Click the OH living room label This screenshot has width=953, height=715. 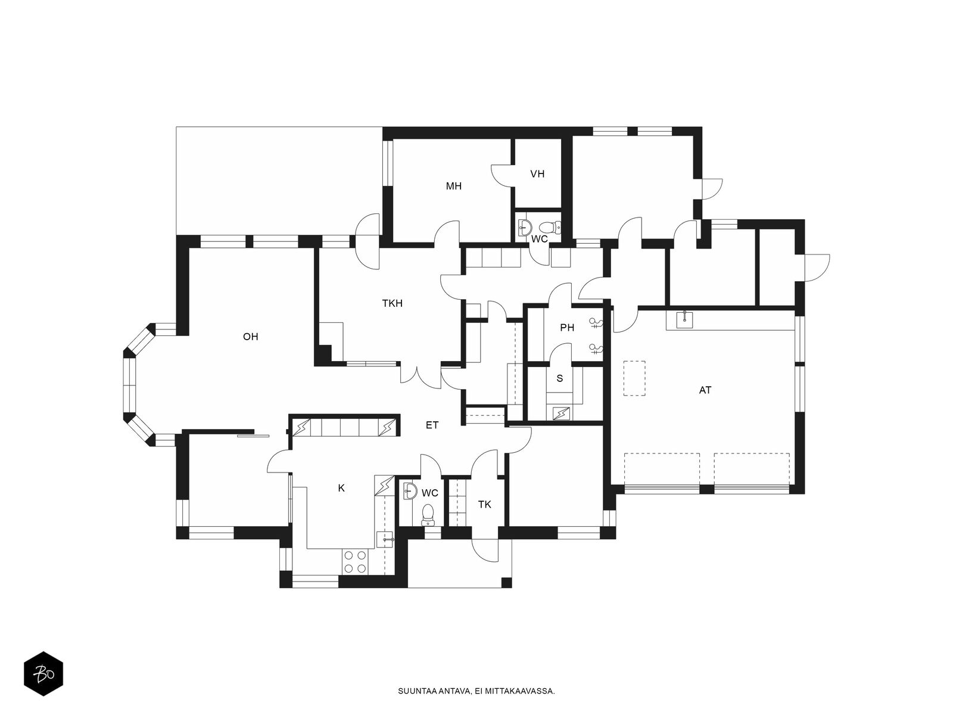coord(251,337)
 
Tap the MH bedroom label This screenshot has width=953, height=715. coord(454,186)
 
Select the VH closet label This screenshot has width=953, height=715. coord(537,174)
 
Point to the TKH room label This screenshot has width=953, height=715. coord(393,303)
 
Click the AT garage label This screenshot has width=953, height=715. coord(705,390)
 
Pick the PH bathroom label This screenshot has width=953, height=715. coord(567,327)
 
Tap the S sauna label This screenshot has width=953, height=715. coord(560,378)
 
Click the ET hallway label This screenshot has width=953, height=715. coord(432,425)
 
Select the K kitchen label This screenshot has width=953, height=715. coord(341,488)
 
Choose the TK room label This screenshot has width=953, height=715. coord(485,504)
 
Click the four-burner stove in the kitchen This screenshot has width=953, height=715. coord(354,561)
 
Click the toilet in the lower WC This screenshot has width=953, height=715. coord(428,514)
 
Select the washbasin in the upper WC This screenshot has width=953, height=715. coord(525,226)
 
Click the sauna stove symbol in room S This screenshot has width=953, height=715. coord(561,413)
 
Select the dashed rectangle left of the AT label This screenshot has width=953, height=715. coord(634,378)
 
